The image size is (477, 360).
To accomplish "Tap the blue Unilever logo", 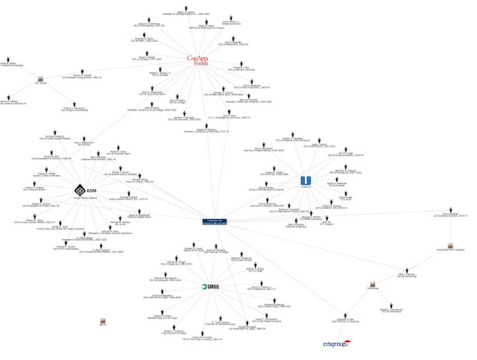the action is click(x=304, y=181).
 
